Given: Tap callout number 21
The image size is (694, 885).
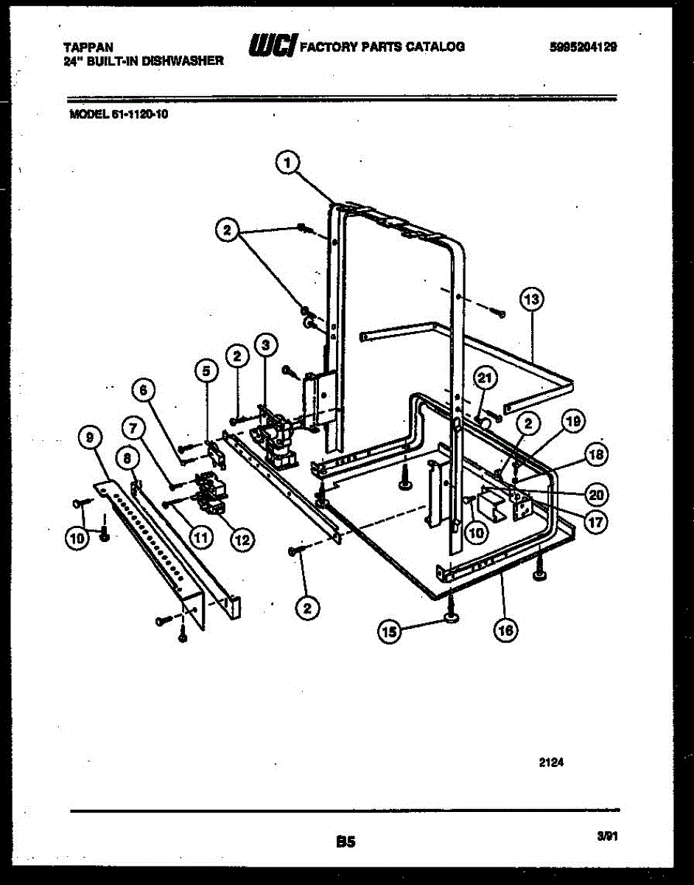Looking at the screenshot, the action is coord(483,379).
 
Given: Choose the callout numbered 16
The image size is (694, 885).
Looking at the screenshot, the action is coord(506,630).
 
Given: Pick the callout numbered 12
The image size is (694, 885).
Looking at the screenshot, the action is coord(239,539).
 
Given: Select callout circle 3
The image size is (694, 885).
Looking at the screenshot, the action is coord(265,344).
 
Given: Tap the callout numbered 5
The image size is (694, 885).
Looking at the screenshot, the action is coord(206,371).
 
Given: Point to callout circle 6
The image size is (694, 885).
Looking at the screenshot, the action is coord(144,389).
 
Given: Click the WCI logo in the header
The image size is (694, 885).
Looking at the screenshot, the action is coord(272,46).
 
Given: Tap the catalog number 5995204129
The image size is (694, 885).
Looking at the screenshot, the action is coord(583,46).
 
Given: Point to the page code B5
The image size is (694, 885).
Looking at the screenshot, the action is coord(346,841).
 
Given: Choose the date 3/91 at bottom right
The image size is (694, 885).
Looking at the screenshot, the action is coord(606,836).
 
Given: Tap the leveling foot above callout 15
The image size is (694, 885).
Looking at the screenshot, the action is coord(450,611).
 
